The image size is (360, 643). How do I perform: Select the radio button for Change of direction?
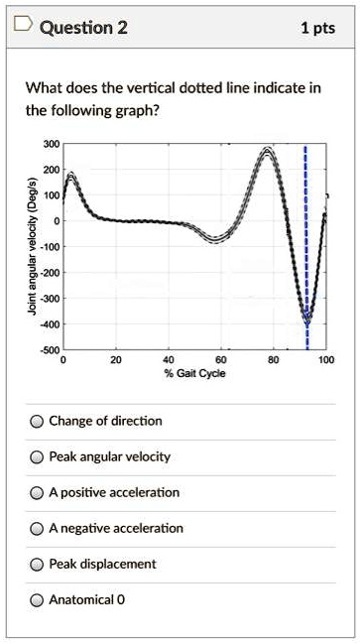[37, 422]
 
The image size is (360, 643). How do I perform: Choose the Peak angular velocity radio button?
[37, 457]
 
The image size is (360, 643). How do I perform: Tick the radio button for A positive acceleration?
[37, 493]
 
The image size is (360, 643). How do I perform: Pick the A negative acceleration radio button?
[37, 529]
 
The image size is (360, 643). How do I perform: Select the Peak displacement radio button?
[37, 565]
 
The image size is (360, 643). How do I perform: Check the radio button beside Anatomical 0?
[37, 600]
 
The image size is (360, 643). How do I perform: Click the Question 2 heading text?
[83, 28]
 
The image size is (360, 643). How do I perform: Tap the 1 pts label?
[317, 28]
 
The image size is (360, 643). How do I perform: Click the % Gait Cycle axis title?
[194, 373]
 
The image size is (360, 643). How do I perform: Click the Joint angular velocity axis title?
[34, 246]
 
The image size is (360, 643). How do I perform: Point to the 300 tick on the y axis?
[51, 145]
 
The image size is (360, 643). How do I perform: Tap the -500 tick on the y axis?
[49, 350]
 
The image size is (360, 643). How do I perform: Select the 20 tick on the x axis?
[116, 360]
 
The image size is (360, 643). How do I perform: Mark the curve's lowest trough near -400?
[306, 321]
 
